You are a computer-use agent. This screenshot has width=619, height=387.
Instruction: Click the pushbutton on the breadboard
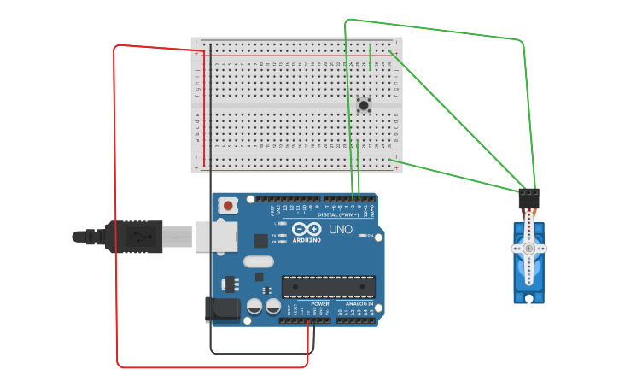365,105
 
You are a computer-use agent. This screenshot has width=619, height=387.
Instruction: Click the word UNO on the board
341,229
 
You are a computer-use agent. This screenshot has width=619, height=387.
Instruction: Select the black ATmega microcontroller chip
329,287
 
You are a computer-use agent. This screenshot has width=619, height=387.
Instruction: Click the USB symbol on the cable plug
137,236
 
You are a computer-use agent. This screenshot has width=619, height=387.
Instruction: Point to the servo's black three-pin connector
528,199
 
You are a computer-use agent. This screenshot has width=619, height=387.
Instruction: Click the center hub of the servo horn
528,248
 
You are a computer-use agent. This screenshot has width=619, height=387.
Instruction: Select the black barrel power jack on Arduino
220,309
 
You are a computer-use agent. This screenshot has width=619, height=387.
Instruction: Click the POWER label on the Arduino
320,303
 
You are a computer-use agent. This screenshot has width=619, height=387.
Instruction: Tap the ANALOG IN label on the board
359,303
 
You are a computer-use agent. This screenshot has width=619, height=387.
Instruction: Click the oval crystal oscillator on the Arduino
259,261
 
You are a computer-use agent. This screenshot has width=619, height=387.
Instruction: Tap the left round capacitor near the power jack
254,306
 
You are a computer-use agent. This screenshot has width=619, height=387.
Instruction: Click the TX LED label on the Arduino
274,235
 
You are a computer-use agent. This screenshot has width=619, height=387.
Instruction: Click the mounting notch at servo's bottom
529,298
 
